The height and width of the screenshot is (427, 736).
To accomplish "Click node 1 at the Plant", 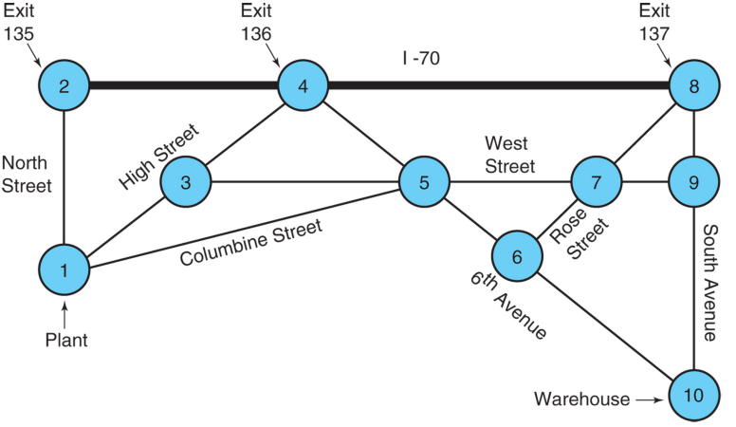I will [64, 269].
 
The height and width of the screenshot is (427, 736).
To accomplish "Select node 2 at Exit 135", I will [64, 87].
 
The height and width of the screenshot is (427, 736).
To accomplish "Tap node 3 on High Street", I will [186, 181].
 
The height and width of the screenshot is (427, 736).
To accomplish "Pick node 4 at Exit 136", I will [304, 87].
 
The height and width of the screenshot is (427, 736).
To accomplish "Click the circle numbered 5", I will [424, 181].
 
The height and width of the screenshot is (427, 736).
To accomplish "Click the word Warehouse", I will [581, 399].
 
